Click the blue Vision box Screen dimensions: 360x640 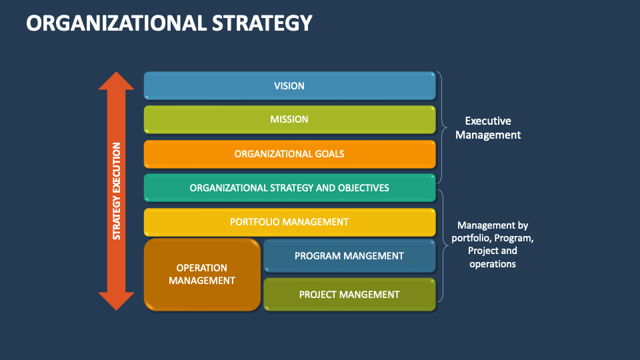click(x=289, y=86)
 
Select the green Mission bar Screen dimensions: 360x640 click(x=289, y=120)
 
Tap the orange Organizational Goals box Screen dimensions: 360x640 click(x=289, y=154)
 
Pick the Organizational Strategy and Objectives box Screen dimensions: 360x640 click(x=289, y=188)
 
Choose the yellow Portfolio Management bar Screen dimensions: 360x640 click(x=289, y=222)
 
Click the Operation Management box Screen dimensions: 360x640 click(x=202, y=275)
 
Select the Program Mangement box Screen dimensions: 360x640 click(x=349, y=256)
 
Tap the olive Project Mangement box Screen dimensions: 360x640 click(x=349, y=294)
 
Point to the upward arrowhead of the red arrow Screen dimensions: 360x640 click(x=117, y=81)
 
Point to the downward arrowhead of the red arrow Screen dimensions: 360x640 click(x=117, y=301)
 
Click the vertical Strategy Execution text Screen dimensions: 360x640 click(x=117, y=191)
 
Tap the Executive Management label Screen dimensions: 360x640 click(x=493, y=128)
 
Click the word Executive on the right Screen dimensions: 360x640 click(x=488, y=121)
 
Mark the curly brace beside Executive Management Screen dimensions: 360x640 click(x=441, y=127)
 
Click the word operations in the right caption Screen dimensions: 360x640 click(x=493, y=264)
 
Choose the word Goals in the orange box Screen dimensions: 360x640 click(x=329, y=154)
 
